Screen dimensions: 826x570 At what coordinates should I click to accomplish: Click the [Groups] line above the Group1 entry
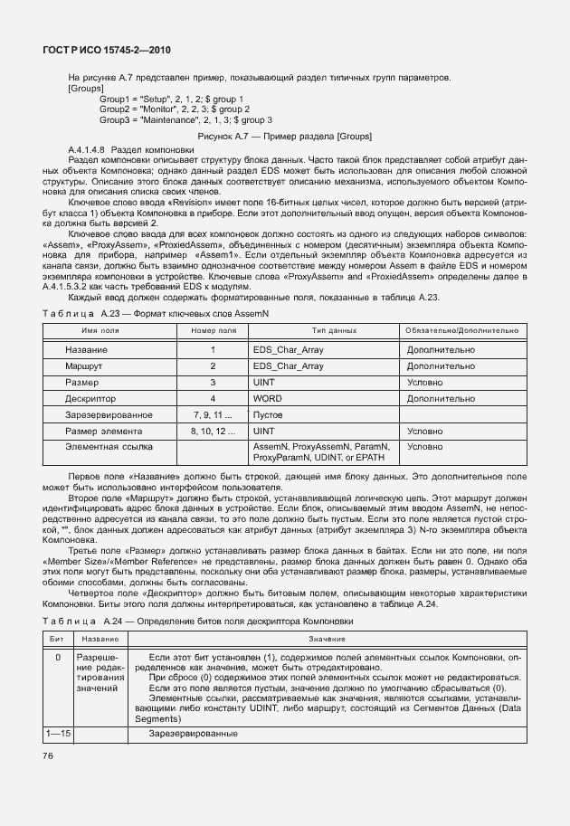[x=86, y=88]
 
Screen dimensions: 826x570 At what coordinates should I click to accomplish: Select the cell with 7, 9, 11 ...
[x=213, y=415]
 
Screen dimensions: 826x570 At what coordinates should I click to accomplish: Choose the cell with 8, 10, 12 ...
[x=213, y=432]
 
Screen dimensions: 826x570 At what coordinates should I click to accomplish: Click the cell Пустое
[x=268, y=415]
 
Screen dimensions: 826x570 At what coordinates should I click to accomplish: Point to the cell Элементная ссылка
[x=101, y=447]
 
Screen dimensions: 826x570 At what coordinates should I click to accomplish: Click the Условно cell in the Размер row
[x=425, y=383]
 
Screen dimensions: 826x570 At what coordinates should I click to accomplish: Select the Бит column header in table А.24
[x=57, y=639]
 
